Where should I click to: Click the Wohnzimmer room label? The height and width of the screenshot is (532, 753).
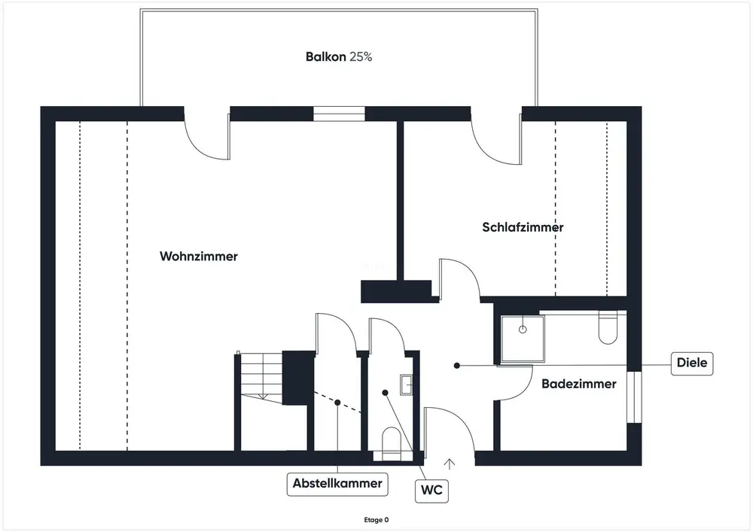[198, 257]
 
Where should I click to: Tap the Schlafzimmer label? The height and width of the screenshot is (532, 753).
[523, 227]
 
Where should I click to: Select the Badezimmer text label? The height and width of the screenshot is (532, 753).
[578, 384]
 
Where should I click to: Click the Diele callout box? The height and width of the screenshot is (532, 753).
[691, 363]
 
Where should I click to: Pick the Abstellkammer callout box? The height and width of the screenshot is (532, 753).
[338, 483]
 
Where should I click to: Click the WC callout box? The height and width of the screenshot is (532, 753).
[431, 491]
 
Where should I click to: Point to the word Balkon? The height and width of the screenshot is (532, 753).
[326, 56]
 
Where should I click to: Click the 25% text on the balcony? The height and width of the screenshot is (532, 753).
[361, 56]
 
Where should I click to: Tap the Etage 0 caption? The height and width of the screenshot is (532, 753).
[376, 519]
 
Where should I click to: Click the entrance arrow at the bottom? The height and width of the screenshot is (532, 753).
[450, 464]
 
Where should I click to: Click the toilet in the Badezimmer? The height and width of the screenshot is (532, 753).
[608, 327]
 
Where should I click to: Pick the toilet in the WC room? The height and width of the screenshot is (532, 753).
[392, 442]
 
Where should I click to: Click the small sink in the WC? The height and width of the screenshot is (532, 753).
[407, 385]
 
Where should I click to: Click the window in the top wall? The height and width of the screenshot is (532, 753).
[339, 114]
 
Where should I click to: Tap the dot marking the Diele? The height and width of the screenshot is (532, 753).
[456, 365]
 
